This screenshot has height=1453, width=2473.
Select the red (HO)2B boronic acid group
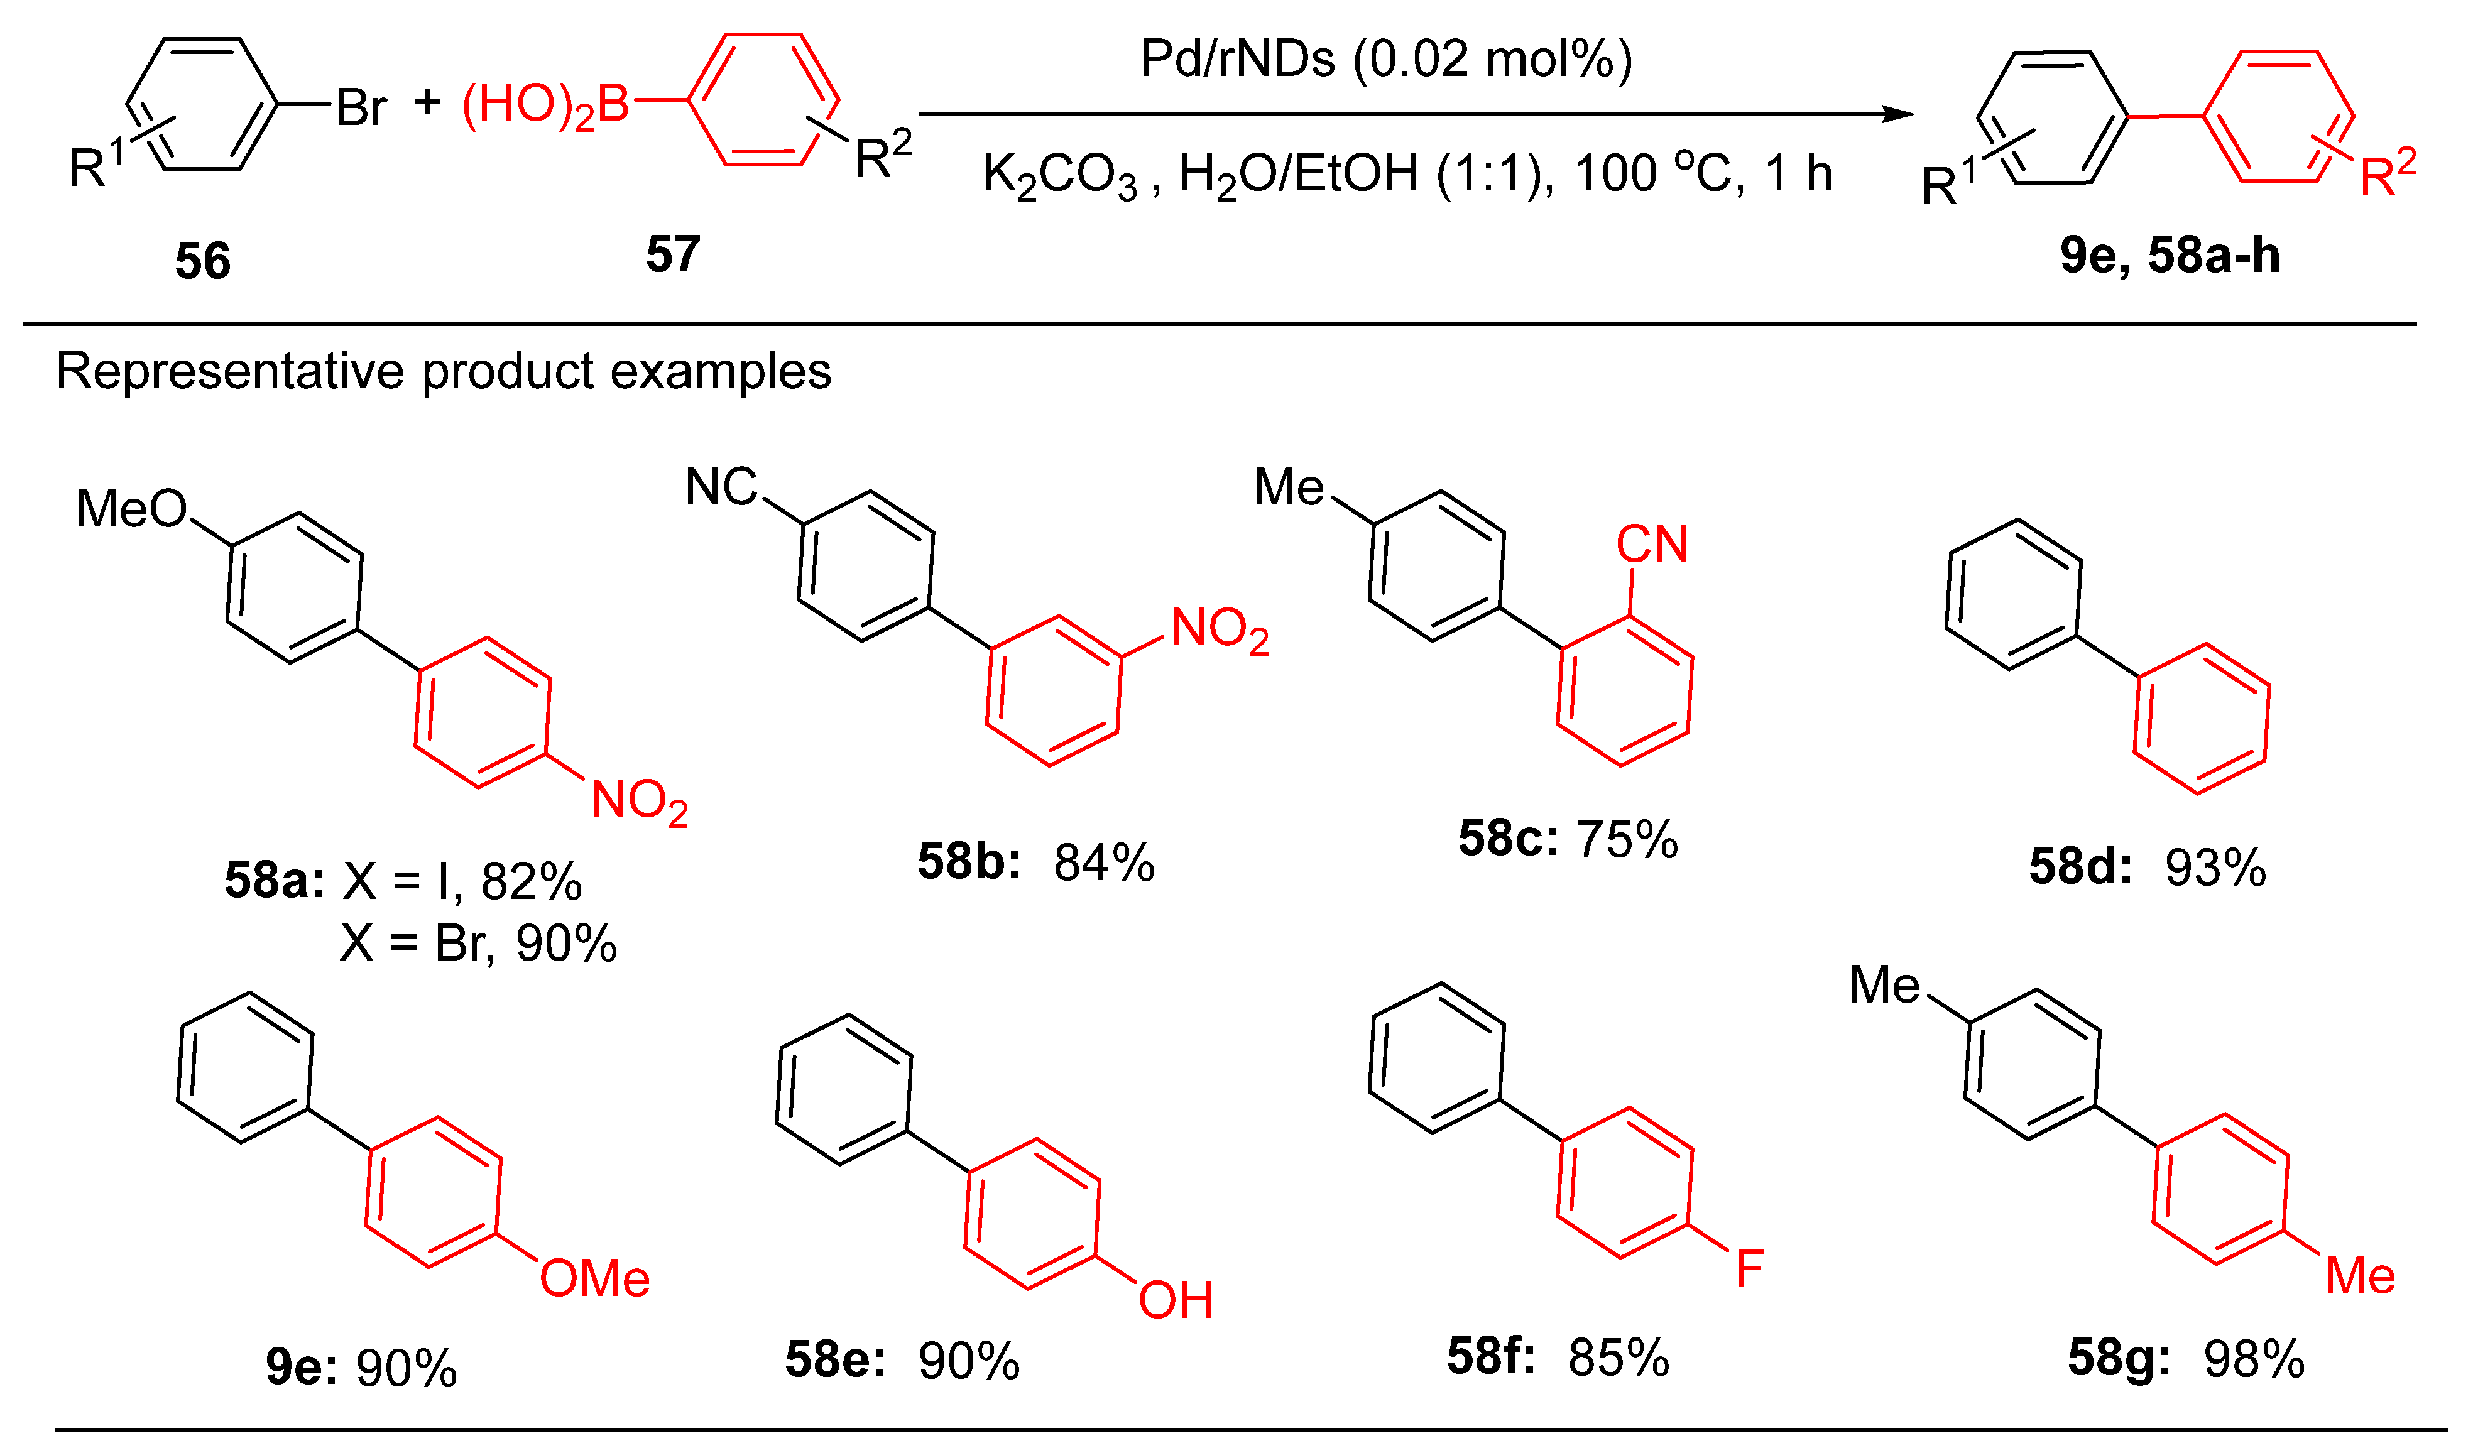545,105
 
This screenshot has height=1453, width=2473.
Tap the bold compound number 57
672,254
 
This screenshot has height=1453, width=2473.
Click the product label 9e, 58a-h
2169,255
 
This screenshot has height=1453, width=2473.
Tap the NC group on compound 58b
721,487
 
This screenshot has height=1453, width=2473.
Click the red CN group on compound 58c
1652,545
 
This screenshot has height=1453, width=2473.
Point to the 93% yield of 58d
2215,868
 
